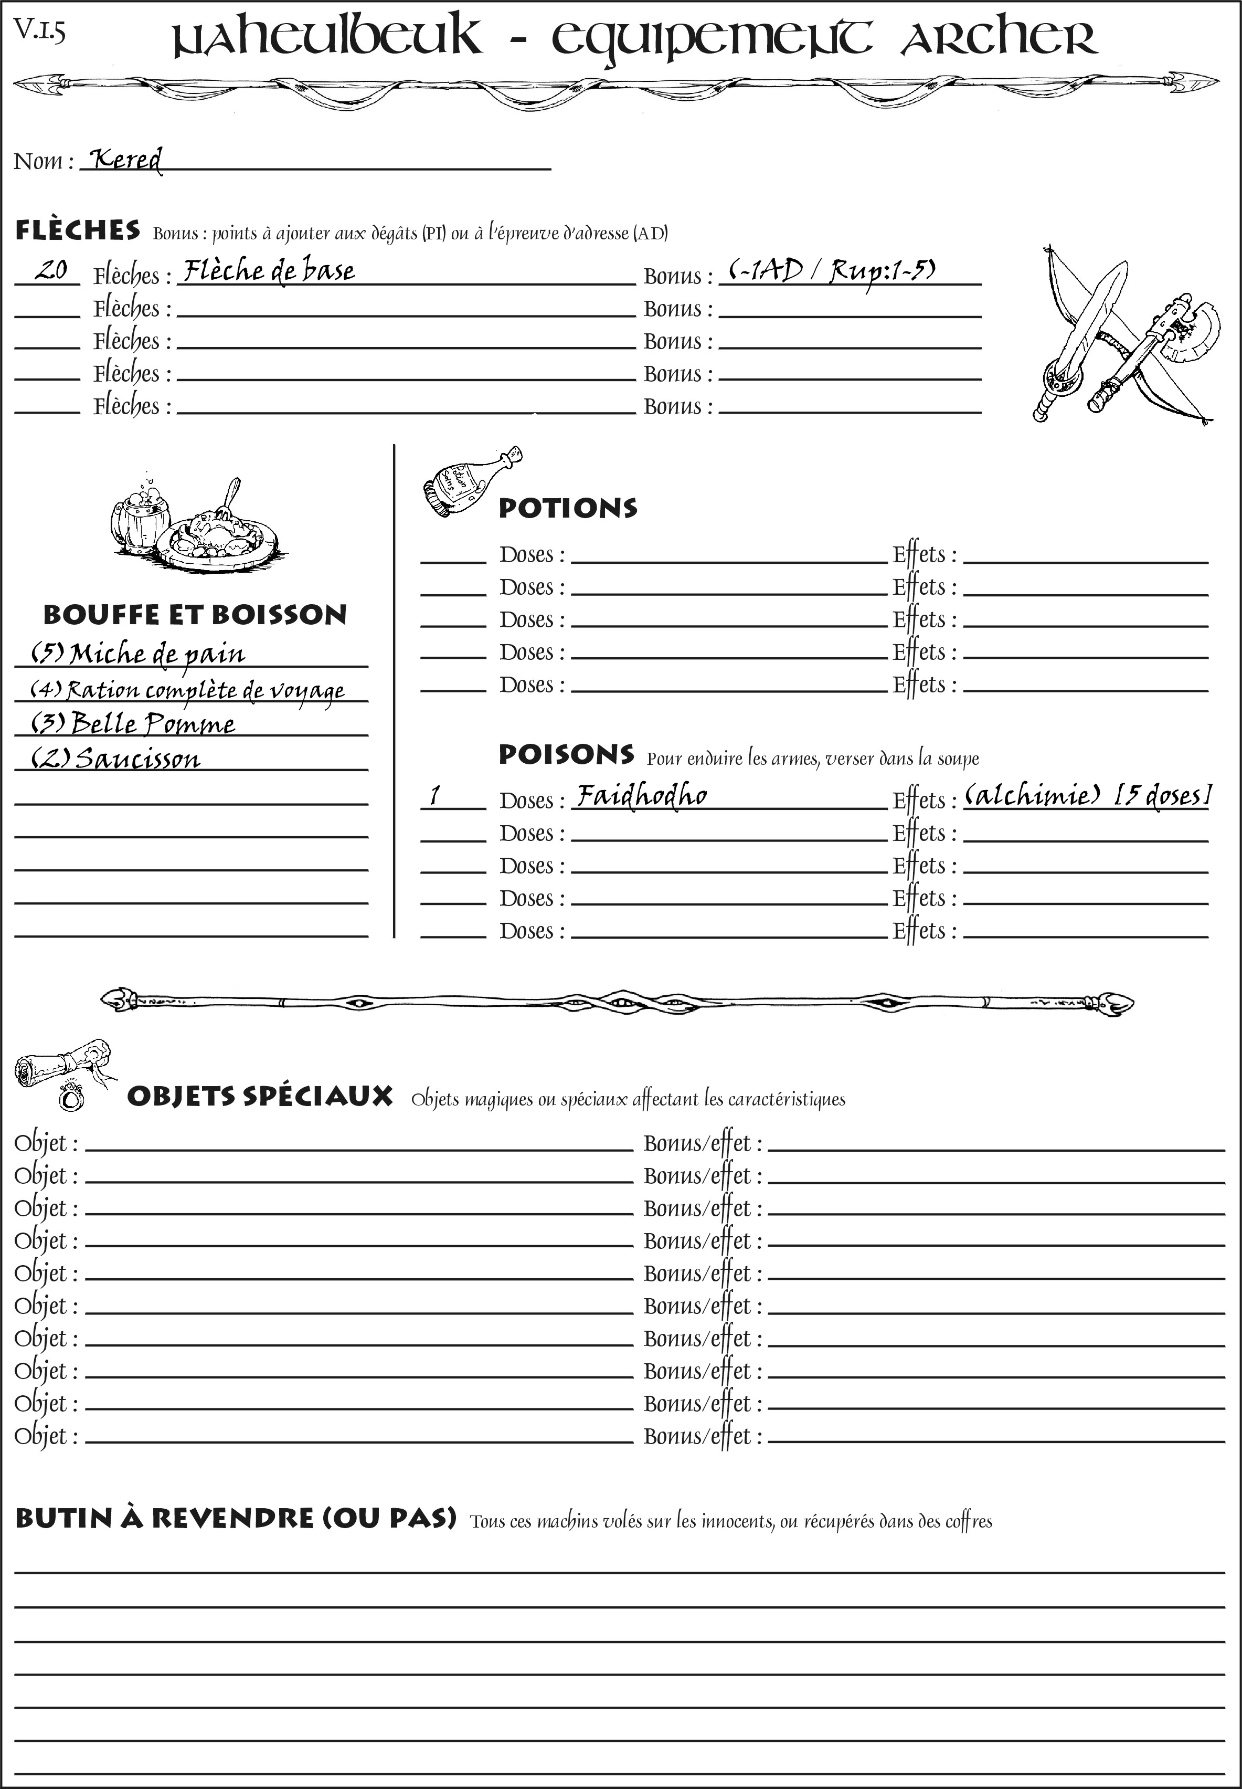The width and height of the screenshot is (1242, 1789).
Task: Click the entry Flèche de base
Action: (x=269, y=271)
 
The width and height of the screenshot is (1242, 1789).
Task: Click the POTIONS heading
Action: (x=567, y=508)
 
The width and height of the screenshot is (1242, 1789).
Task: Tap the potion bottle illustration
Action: (x=471, y=482)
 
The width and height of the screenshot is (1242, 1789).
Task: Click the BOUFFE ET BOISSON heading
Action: (x=195, y=614)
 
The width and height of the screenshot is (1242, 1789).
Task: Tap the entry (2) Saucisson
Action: (x=115, y=758)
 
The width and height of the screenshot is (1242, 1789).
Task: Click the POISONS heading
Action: (x=566, y=754)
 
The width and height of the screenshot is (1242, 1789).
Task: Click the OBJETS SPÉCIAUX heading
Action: (x=259, y=1096)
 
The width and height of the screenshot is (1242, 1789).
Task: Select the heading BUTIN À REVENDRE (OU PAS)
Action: (x=235, y=1518)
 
